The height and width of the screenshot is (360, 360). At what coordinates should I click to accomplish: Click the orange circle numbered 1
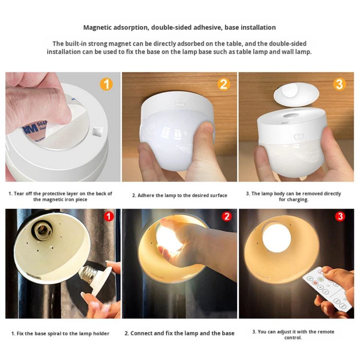point(106,84)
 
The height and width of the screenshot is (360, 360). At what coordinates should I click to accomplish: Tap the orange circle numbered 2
point(223,84)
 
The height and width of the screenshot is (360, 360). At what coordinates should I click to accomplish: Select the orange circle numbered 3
point(339,84)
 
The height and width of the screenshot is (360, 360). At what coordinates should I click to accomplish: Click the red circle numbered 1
point(109,216)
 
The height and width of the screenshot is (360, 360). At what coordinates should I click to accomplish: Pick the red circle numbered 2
point(226,216)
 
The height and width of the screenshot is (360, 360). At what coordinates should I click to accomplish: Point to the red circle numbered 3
point(340,216)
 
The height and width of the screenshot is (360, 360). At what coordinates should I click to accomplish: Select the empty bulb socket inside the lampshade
point(42,231)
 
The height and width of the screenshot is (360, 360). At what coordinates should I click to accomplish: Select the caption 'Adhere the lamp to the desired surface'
point(180,195)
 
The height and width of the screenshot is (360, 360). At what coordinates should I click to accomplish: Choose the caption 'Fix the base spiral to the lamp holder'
point(60,333)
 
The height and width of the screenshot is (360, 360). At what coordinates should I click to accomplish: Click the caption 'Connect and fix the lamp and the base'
point(180,333)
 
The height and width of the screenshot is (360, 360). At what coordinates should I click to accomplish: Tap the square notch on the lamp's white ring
point(97,132)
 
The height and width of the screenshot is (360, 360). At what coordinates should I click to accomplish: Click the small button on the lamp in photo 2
point(180,103)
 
